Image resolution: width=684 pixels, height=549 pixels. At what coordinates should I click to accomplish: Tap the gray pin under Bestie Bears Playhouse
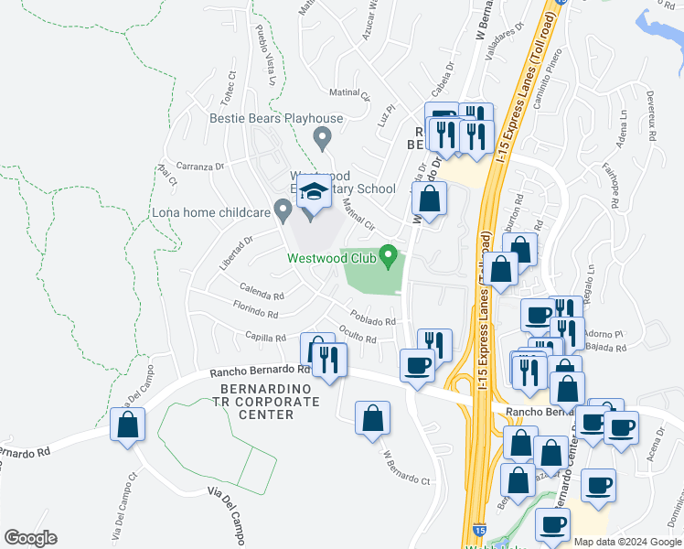click(x=321, y=139)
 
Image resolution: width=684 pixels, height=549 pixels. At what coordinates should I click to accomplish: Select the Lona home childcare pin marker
click(x=283, y=211)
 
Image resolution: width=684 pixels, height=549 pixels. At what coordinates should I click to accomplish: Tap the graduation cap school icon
click(x=314, y=194)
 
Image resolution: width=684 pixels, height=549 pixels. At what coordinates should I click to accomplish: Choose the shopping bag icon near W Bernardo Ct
click(x=372, y=419)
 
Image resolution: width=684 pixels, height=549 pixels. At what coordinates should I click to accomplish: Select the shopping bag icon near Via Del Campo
click(x=127, y=425)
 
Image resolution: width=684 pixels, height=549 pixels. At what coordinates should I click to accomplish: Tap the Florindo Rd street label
click(x=255, y=309)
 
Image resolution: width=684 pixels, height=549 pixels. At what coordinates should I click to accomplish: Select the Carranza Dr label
click(x=201, y=167)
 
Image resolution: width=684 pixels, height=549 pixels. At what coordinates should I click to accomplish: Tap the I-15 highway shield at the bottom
click(x=481, y=530)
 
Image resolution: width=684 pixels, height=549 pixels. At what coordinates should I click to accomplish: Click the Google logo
click(x=30, y=538)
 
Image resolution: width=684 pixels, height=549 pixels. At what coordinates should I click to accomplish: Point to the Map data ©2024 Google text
click(x=627, y=542)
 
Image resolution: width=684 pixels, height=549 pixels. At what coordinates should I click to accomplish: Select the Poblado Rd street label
click(x=372, y=321)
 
